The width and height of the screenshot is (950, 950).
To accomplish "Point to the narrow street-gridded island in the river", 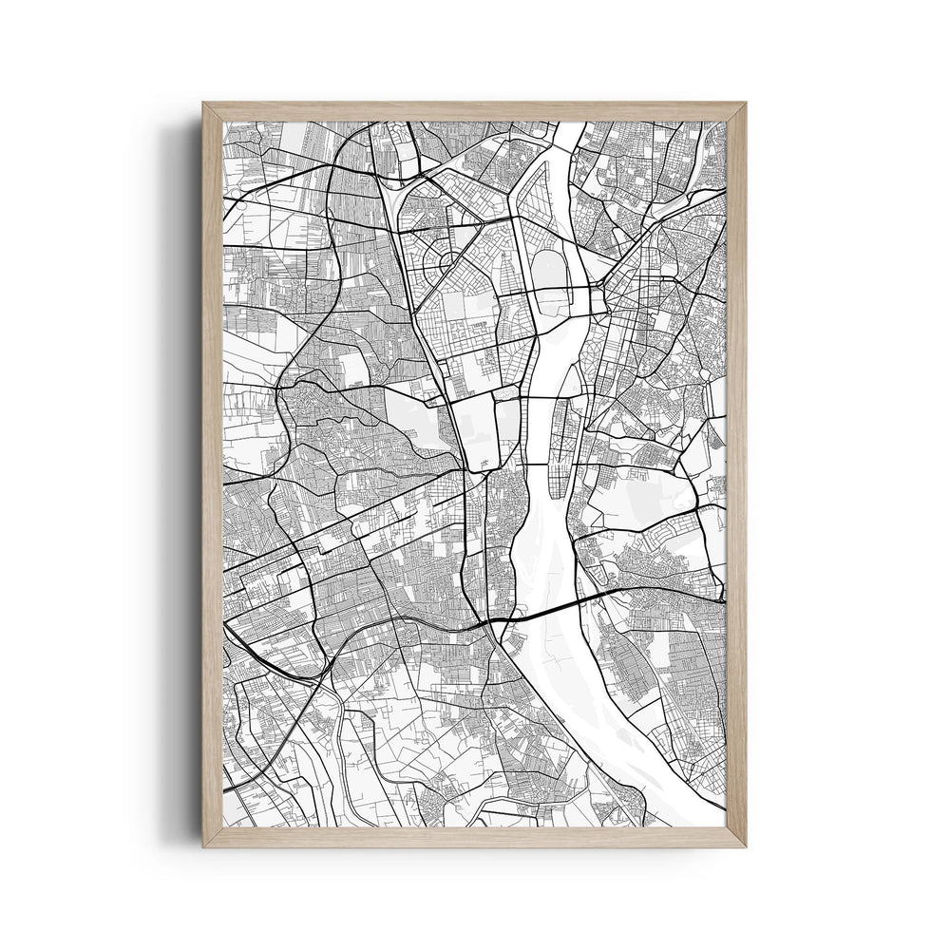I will [x=560, y=427].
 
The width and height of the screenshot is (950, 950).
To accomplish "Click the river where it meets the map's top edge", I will [x=567, y=128].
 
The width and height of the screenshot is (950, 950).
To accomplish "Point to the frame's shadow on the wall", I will [x=185, y=475].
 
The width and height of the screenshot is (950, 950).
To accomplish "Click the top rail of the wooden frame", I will [x=475, y=111].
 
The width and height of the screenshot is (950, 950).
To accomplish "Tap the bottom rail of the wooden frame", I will [x=475, y=836].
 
